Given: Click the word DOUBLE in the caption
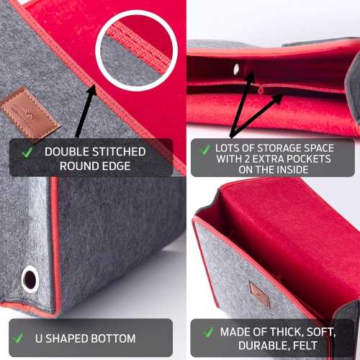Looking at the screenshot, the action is (x=66, y=152).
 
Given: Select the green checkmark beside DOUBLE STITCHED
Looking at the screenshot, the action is (x=27, y=153).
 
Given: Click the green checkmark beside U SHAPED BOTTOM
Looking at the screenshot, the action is (x=19, y=338).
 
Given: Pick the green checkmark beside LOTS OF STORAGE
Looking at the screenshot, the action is (x=205, y=150).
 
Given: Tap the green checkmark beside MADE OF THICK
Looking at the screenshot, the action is (x=209, y=332).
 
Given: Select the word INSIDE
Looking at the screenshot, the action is (x=292, y=170).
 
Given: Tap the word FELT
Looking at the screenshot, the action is (x=305, y=346).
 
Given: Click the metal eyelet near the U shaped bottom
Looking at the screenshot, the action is (x=30, y=279).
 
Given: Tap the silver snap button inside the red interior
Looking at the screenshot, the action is (x=237, y=69).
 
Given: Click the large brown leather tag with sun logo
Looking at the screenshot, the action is (x=30, y=115).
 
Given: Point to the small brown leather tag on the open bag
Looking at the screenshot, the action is (x=259, y=294).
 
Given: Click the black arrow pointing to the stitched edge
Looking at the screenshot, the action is (x=86, y=112).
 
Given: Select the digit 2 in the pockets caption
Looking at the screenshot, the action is (x=247, y=159).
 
